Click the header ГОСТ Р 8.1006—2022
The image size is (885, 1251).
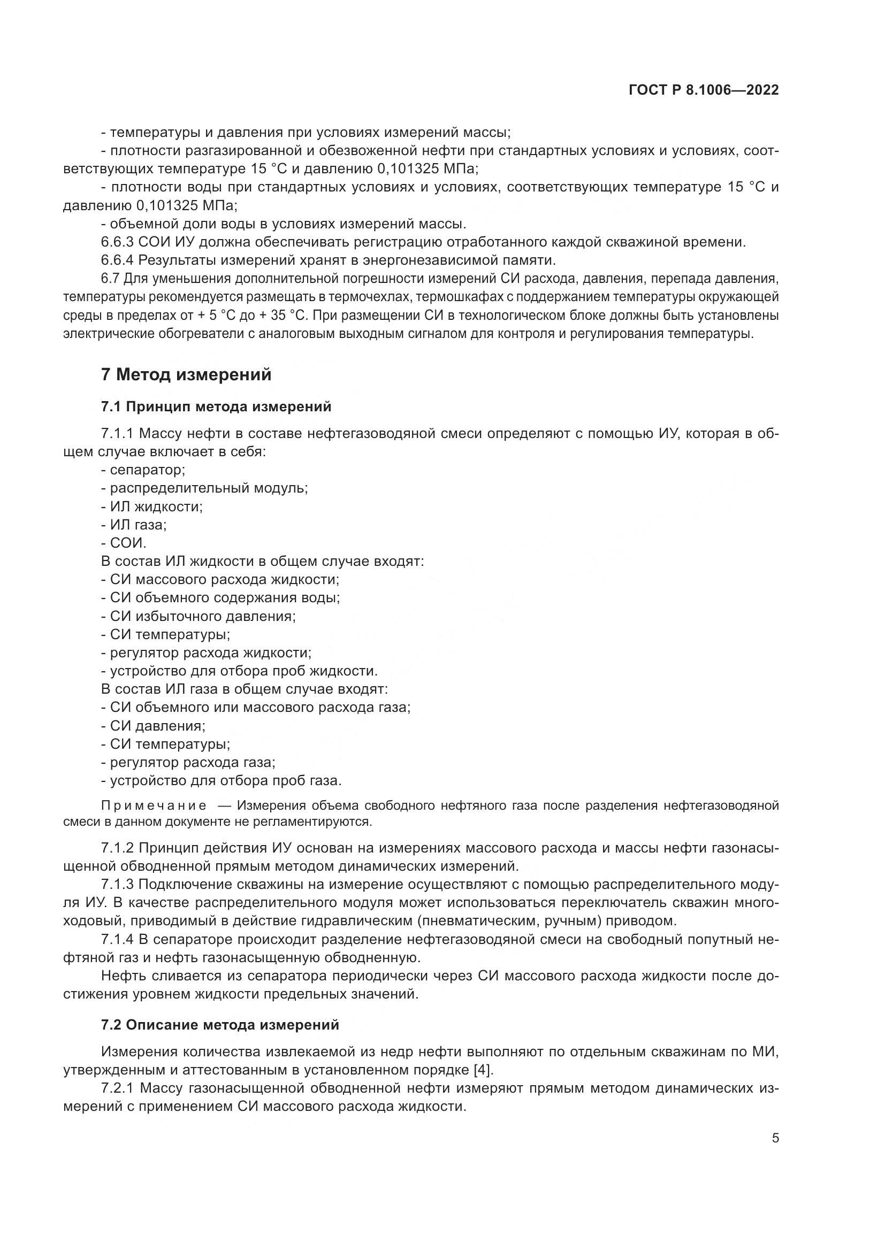click(704, 90)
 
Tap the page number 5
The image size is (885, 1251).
click(775, 1138)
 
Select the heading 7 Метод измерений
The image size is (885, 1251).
click(186, 375)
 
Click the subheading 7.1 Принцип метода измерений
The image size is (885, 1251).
click(216, 406)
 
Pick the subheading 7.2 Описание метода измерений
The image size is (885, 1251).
click(219, 1025)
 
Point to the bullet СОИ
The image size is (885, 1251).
click(128, 543)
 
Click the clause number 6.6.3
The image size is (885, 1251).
click(117, 242)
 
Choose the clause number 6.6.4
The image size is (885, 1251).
click(117, 260)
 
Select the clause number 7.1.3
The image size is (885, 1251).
click(117, 884)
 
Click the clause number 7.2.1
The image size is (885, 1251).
click(117, 1088)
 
